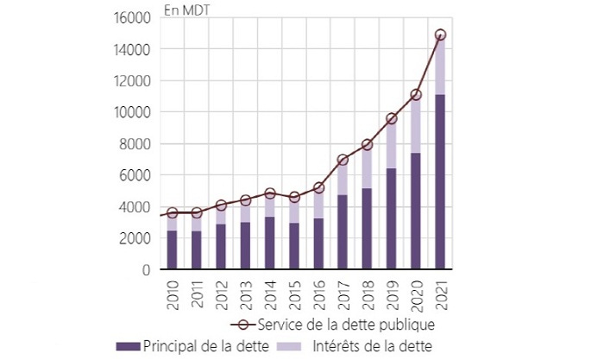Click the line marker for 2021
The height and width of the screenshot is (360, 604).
coord(441,35)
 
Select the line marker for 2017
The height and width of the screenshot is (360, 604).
coord(343,160)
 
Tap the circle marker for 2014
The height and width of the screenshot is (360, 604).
coord(269,194)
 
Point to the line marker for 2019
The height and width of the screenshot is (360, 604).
coord(392,118)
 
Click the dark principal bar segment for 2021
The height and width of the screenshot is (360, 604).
coord(441,181)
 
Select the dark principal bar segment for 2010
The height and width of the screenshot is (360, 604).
coord(172,249)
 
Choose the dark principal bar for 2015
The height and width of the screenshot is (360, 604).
coord(293,246)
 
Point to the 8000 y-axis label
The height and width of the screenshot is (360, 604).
coord(133,144)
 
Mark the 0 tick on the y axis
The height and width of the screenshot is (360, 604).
coord(145,270)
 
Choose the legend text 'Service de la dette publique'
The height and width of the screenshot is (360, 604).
coord(343,325)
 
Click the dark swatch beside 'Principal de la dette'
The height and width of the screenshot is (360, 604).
coord(127,345)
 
